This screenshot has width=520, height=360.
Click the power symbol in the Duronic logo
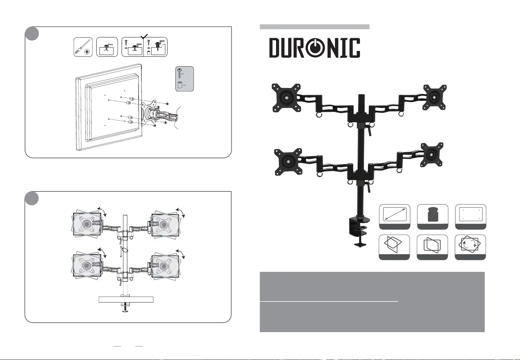pos(316,48)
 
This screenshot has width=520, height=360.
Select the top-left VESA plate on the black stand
pos(286,96)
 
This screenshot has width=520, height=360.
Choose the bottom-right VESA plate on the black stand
pos(432,154)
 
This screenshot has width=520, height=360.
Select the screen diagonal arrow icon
pos(394,214)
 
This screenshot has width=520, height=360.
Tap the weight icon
pos(433,214)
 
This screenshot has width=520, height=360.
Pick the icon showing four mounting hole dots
pos(471,214)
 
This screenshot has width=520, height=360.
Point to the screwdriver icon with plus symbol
pos(83,47)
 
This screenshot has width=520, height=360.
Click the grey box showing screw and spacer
pos(184,79)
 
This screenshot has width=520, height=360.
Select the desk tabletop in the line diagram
pos(126,300)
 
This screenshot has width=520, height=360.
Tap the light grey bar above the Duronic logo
pos(314,27)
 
